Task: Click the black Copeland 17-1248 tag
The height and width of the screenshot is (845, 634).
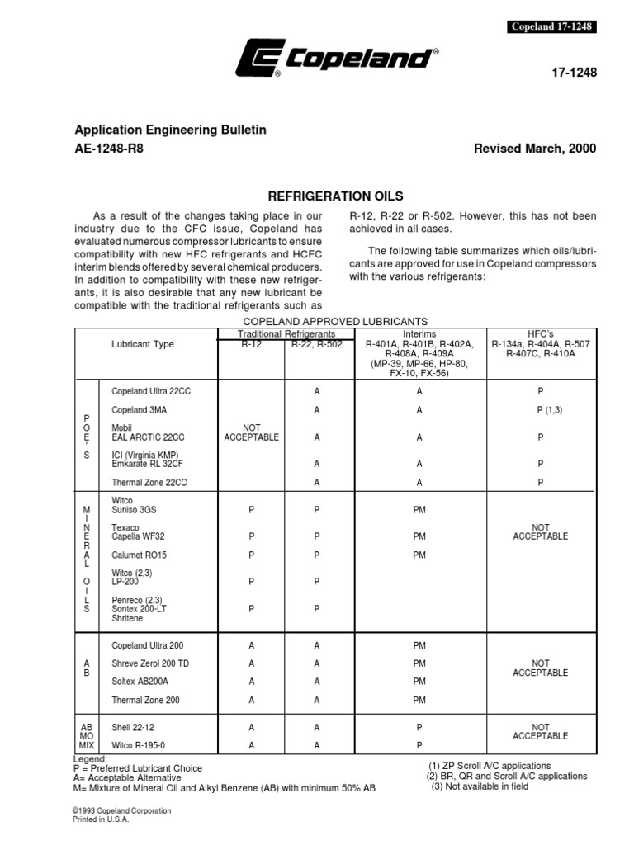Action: pyautogui.click(x=551, y=26)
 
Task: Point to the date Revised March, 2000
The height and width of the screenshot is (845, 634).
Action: pyautogui.click(x=535, y=149)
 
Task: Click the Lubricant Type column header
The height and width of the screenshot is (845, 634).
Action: pyautogui.click(x=143, y=344)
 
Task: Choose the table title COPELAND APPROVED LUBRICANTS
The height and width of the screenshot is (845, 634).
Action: pyautogui.click(x=335, y=320)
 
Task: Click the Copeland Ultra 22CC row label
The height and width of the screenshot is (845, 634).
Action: pyautogui.click(x=151, y=390)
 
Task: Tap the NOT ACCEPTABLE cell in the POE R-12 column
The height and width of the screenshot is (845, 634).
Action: pyautogui.click(x=251, y=432)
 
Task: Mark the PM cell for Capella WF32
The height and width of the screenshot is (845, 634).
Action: pyautogui.click(x=419, y=536)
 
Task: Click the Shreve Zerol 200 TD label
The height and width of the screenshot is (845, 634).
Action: pyautogui.click(x=150, y=663)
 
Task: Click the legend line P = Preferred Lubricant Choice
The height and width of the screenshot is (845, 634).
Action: pyautogui.click(x=138, y=768)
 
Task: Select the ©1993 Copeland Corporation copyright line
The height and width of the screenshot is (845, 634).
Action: pyautogui.click(x=122, y=811)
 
